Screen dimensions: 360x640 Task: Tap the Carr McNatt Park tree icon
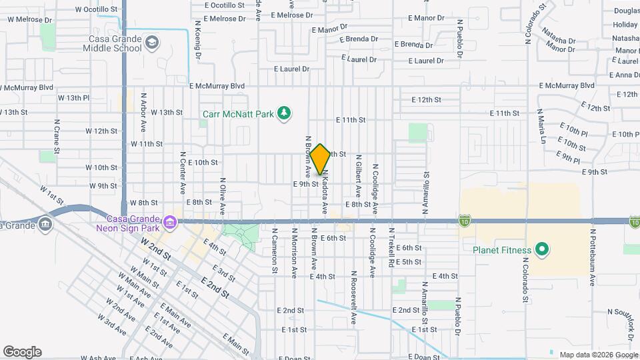point(285,113)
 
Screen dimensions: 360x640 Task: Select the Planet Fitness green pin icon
point(542,251)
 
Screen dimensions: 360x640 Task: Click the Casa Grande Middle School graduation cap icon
point(153,43)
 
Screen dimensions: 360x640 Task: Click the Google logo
point(22,352)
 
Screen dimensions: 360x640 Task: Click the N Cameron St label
point(274,252)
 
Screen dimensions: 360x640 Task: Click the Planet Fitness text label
point(502,251)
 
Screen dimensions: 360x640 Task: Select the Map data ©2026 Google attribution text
point(597,355)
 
